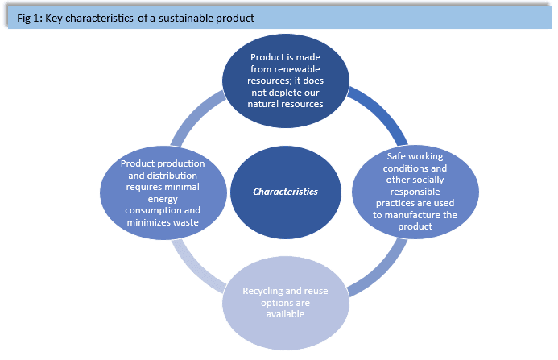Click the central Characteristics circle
[286, 192]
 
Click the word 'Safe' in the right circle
[395, 156]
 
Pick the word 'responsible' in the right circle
[415, 192]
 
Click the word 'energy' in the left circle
[163, 199]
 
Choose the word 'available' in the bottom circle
[285, 314]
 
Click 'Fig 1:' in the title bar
[30, 19]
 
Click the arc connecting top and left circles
[194, 114]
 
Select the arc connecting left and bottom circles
[194, 270]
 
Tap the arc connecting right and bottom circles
[382, 271]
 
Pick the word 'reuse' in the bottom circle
[315, 292]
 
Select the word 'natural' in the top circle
[264, 105]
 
